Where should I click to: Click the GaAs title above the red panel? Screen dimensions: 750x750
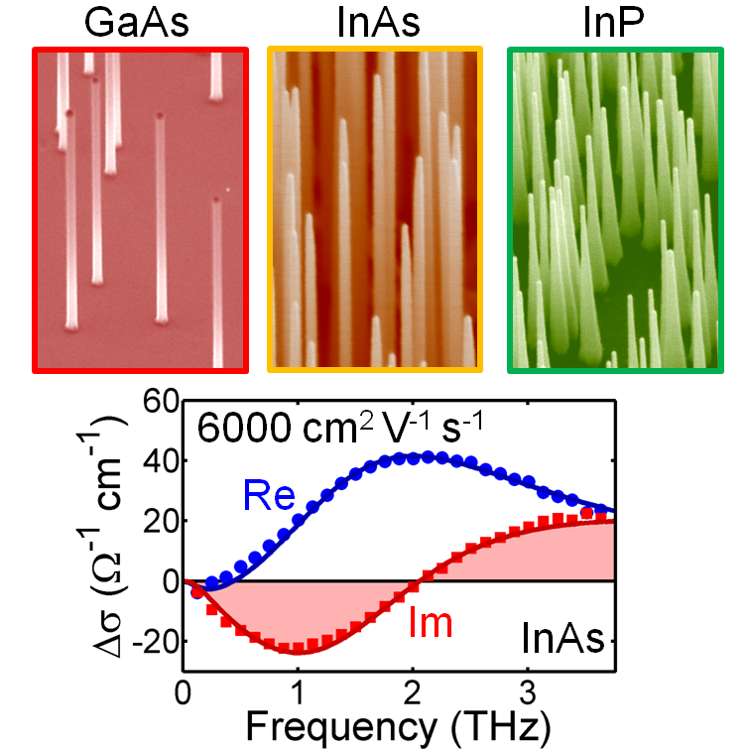140,22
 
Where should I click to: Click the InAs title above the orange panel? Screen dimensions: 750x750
374,22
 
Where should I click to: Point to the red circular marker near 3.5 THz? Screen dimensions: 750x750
586,513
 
